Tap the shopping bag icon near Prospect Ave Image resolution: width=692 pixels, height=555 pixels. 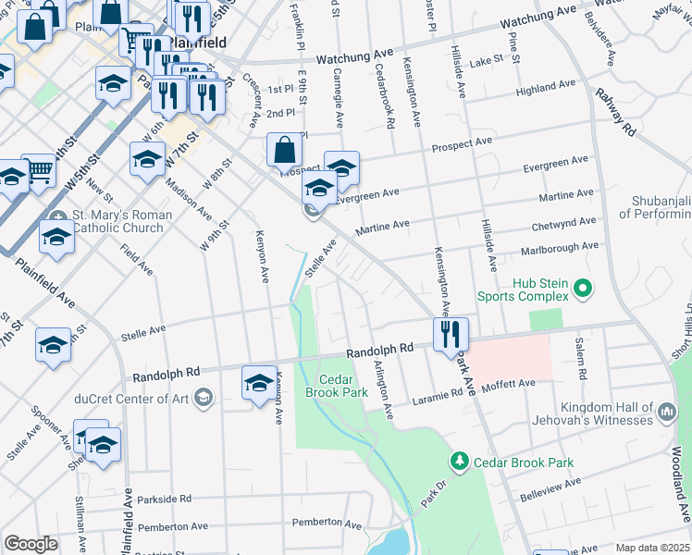[285, 150]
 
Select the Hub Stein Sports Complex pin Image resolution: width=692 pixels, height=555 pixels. [582, 290]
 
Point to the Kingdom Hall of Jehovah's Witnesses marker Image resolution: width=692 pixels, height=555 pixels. [666, 411]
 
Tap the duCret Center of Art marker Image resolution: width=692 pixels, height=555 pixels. [203, 399]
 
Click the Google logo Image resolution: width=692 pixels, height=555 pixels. [31, 543]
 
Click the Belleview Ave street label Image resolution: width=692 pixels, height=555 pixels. [552, 487]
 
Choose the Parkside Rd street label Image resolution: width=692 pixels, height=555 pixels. [164, 499]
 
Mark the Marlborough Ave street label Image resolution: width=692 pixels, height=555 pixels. [565, 248]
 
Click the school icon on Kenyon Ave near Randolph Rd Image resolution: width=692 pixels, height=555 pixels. [259, 382]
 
